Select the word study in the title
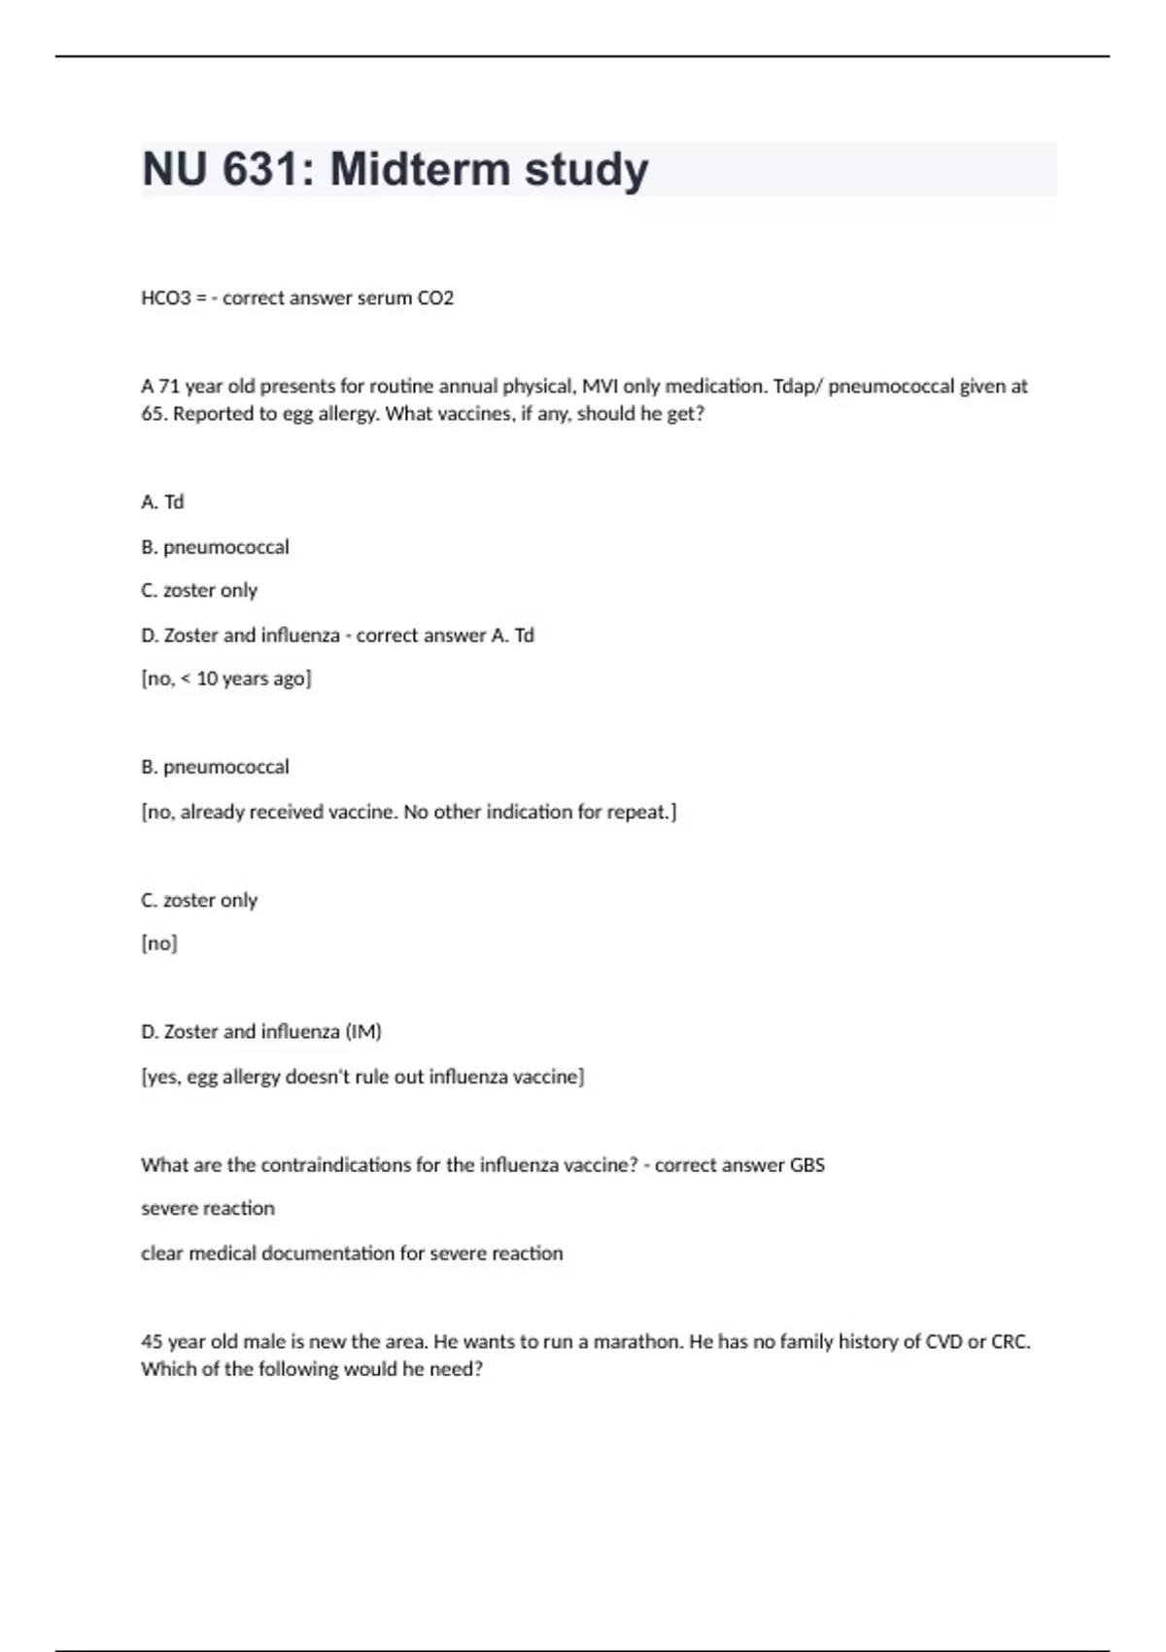click(586, 169)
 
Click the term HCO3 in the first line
click(166, 298)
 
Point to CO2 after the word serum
click(435, 298)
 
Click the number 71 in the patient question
click(169, 386)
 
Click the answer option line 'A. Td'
click(162, 502)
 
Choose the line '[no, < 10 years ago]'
click(226, 678)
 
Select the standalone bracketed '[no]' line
click(159, 943)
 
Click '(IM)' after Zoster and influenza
click(363, 1031)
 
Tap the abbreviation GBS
click(806, 1164)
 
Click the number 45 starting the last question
click(152, 1341)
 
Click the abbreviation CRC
click(1011, 1341)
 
